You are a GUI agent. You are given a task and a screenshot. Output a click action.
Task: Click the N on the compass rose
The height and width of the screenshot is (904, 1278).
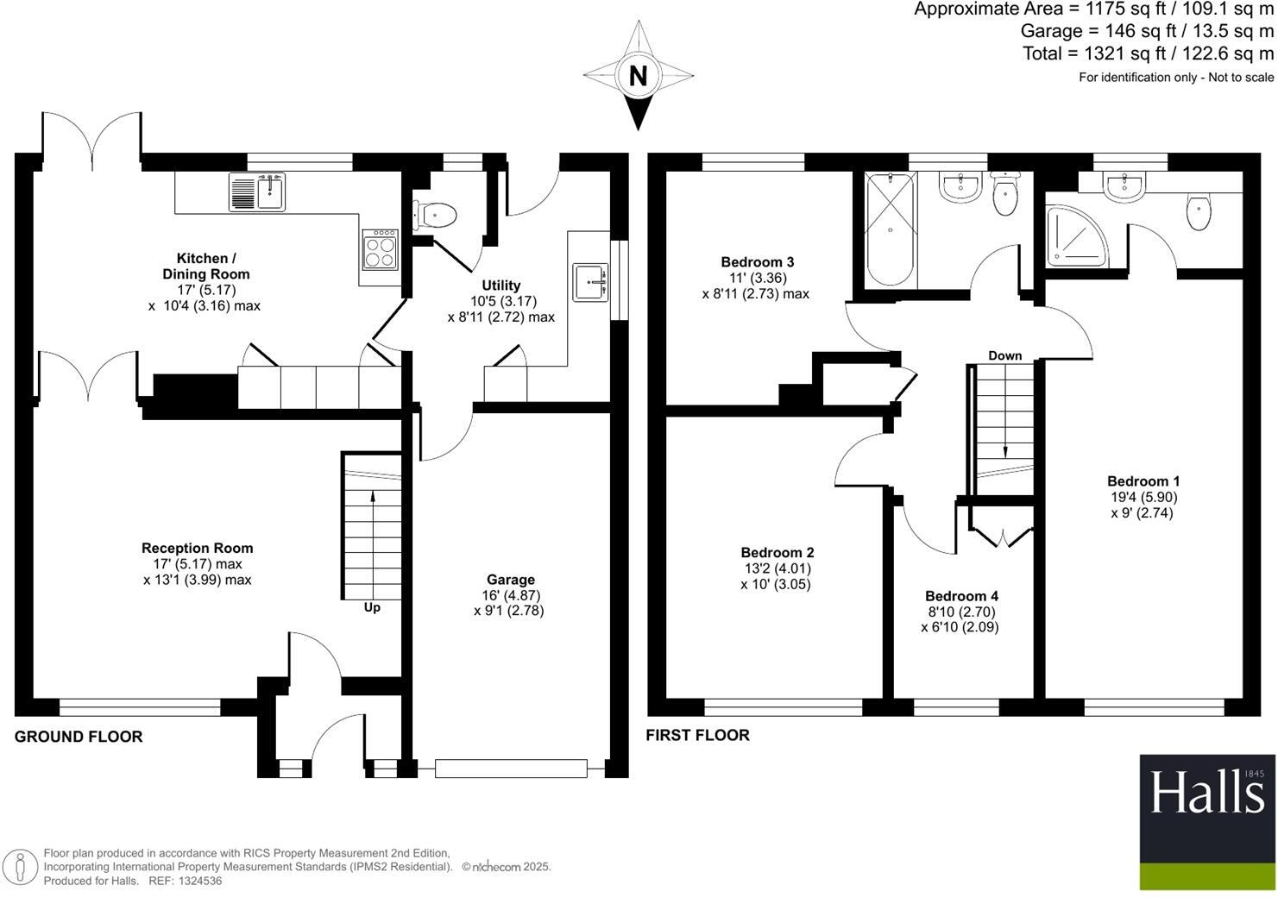(638, 76)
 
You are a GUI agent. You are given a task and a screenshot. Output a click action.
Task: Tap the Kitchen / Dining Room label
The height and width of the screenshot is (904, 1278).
(205, 266)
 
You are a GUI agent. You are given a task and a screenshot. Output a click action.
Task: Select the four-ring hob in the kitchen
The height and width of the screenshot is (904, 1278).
(380, 249)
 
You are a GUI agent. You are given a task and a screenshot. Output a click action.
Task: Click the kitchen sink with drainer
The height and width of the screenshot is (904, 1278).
(257, 191)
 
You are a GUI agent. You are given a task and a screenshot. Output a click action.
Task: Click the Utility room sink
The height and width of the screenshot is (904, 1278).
(590, 281)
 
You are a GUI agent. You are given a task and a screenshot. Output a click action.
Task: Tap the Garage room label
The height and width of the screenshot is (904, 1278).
(510, 580)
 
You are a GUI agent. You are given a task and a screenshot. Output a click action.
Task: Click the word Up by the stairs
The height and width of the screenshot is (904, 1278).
(372, 607)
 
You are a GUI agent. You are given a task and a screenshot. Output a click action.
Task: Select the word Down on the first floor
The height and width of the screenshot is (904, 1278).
(1004, 355)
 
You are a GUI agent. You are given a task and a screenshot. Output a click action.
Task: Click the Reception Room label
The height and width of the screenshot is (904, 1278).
(197, 548)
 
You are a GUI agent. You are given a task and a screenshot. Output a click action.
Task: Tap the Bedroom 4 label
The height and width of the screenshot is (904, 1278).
(961, 596)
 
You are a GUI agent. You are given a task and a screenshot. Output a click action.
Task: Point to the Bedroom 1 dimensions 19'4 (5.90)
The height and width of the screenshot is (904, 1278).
(1143, 497)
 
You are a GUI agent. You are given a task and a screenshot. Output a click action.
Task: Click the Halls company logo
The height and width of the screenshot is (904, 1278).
(1206, 822)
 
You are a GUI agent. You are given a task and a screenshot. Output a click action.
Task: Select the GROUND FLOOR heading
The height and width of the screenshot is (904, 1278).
(79, 737)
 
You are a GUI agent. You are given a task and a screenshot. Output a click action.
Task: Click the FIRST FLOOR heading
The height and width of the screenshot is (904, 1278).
(697, 735)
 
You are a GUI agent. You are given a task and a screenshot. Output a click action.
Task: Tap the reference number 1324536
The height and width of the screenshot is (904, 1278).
(198, 881)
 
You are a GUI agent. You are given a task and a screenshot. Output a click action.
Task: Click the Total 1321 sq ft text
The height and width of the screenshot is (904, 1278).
(1148, 53)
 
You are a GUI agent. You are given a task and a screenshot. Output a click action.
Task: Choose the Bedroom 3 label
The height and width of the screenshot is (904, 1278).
(757, 261)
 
